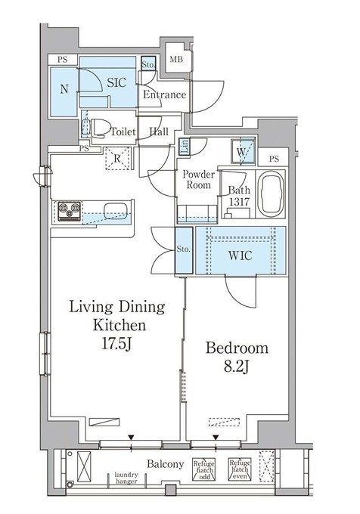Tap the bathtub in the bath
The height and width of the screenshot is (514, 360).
click(272, 194)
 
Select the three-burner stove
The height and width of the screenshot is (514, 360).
click(70, 211)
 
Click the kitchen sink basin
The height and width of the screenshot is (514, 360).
click(116, 211)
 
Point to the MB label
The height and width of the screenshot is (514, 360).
click(176, 60)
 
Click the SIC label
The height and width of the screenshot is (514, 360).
click(116, 82)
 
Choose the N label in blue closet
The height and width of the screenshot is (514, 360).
click(64, 89)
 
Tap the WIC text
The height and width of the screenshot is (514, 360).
click(241, 255)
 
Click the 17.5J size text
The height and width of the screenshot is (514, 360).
click(116, 344)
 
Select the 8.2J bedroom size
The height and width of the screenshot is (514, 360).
click(237, 367)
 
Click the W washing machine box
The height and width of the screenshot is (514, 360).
click(243, 151)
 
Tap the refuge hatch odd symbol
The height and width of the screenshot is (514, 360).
click(203, 469)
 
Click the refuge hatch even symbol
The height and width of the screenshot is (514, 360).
click(240, 469)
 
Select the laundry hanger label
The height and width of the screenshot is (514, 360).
click(126, 478)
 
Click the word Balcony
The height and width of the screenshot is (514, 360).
click(165, 464)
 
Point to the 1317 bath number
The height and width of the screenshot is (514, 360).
click(239, 202)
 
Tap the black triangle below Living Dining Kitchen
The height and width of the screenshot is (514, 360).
click(131, 438)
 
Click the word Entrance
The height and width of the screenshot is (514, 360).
click(165, 95)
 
